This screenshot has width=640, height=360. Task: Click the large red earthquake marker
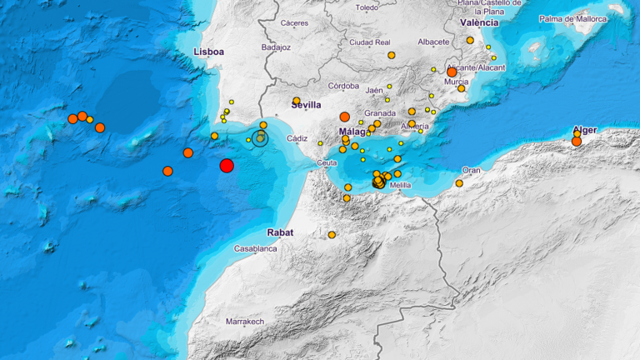tap(227, 166)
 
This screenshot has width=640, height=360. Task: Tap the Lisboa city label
tap(208, 52)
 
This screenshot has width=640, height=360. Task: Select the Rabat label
tap(281, 232)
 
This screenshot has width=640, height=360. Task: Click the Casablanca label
tap(255, 248)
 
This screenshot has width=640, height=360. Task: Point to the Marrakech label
tap(245, 321)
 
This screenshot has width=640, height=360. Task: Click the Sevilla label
tap(307, 104)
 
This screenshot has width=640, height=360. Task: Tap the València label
tap(479, 22)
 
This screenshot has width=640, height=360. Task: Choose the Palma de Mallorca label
tap(572, 17)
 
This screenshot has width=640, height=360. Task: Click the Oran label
tap(472, 170)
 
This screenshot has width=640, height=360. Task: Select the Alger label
tap(587, 130)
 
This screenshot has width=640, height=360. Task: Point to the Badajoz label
tap(275, 47)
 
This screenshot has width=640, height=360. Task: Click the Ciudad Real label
tap(370, 42)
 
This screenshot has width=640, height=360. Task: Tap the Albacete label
tap(433, 41)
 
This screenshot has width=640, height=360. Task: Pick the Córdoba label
tap(343, 86)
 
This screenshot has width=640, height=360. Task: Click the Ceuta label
tap(327, 163)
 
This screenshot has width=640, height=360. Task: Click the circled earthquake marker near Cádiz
tap(260, 138)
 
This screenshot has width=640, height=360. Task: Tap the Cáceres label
tap(294, 22)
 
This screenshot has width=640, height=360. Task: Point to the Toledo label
tap(367, 7)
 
